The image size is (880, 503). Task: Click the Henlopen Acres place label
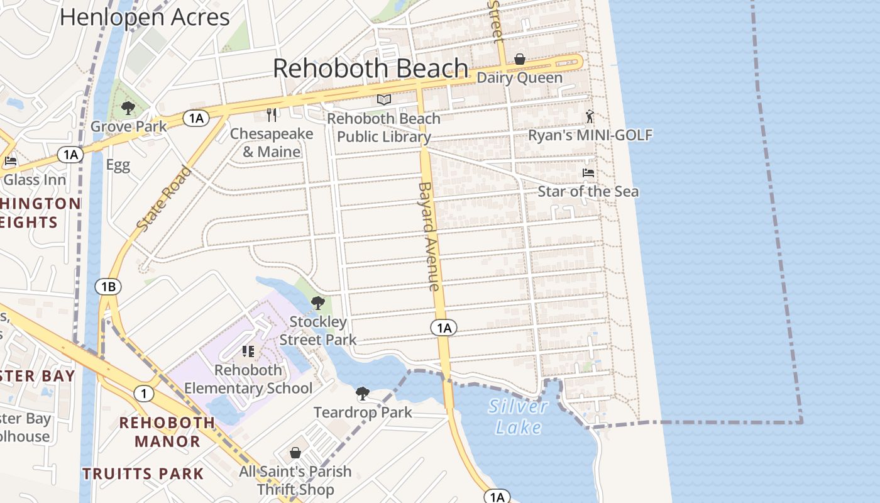[x=145, y=17]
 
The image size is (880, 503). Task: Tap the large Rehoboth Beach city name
[x=371, y=69]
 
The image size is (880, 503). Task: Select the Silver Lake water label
[x=519, y=417]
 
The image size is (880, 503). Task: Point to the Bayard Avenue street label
[x=428, y=236]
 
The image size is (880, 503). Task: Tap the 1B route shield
[x=108, y=287]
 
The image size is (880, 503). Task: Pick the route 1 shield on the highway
[x=144, y=394]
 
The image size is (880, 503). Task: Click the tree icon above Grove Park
[x=128, y=108]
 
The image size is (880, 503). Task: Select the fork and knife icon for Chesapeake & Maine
[x=272, y=115]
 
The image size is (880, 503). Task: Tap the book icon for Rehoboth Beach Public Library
[x=383, y=100]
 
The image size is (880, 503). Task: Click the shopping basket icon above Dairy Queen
[x=520, y=60]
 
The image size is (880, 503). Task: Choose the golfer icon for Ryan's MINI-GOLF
[x=590, y=117]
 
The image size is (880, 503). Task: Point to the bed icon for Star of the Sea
[x=588, y=173]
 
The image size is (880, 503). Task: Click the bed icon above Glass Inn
[x=11, y=162]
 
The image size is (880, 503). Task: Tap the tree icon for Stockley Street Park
[x=318, y=304]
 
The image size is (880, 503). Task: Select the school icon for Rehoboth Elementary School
[x=248, y=351]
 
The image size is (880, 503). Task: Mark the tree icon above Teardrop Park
[x=362, y=394]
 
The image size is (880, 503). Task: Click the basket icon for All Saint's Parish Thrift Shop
[x=295, y=453]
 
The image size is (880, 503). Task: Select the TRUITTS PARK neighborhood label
[x=143, y=473]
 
